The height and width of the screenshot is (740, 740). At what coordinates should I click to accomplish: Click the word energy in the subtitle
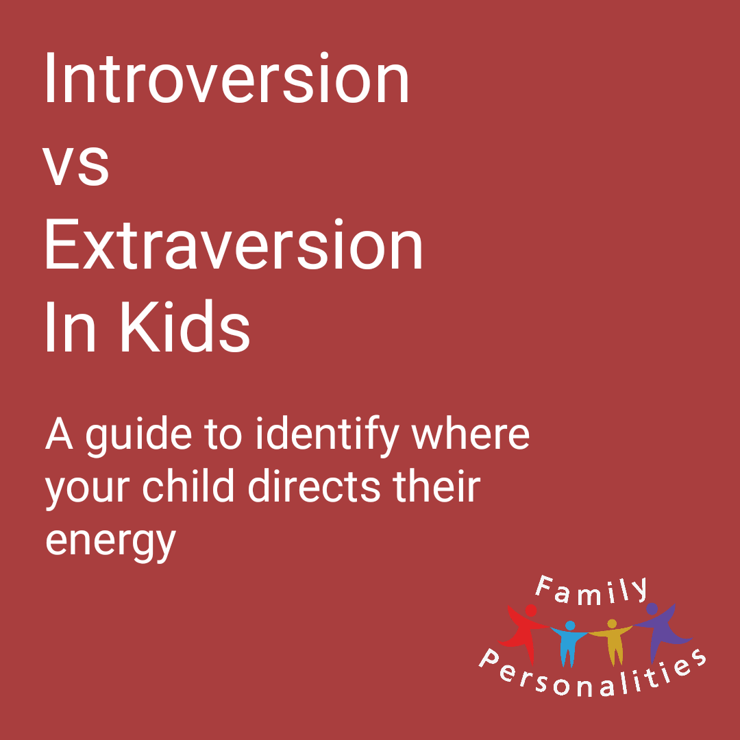tap(111, 541)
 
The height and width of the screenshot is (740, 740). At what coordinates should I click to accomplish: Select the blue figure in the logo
tap(568, 642)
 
